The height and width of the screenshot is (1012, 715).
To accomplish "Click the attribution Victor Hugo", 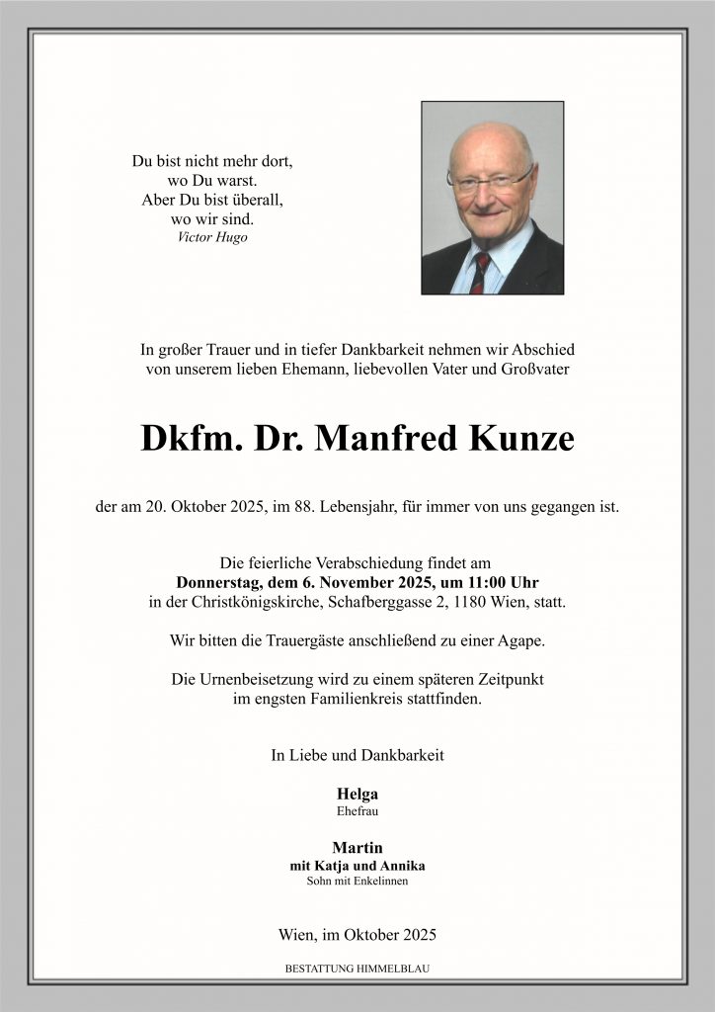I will [212, 237].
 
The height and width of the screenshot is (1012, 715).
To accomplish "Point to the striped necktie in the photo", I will [480, 272].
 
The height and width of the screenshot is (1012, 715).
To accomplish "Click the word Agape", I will [521, 640].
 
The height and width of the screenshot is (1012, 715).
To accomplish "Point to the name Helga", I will [357, 794].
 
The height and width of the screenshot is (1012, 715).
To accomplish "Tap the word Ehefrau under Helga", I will [357, 811].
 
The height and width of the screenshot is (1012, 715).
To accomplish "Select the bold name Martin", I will [357, 847].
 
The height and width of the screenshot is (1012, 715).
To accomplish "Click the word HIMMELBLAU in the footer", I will [393, 970].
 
